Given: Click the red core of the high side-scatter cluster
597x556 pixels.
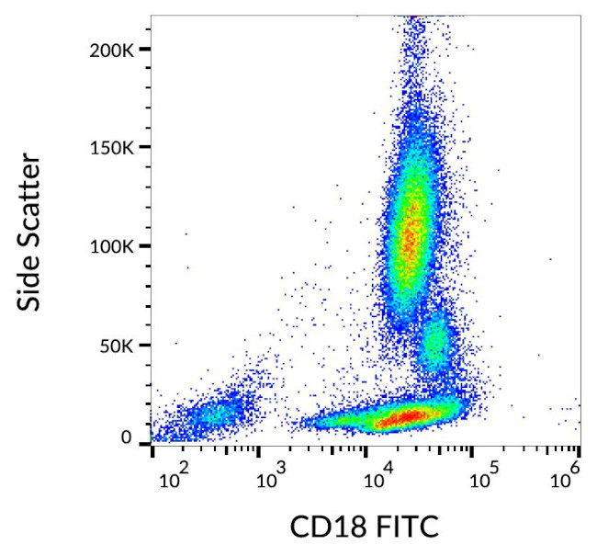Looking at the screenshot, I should click(x=411, y=230).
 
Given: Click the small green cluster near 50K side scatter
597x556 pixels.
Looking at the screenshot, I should click(x=434, y=345).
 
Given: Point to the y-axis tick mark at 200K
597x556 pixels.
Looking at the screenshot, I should click(x=145, y=49).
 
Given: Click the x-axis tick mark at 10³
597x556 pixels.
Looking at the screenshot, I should click(x=259, y=448).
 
